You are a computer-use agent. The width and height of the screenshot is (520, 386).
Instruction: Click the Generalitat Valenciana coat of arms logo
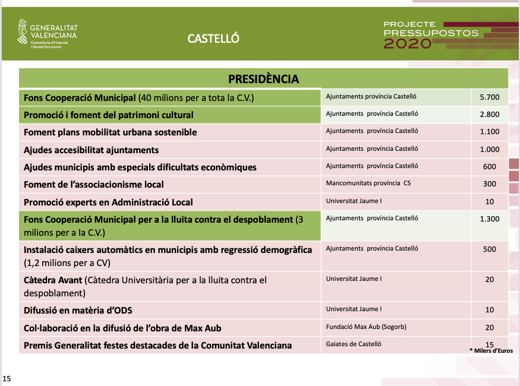click(22, 33)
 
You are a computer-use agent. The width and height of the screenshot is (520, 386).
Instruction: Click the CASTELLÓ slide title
click(213, 39)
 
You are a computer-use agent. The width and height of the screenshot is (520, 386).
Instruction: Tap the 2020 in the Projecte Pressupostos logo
click(408, 43)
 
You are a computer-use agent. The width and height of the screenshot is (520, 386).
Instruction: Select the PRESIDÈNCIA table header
click(263, 79)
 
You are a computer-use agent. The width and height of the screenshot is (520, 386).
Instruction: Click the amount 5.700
click(489, 97)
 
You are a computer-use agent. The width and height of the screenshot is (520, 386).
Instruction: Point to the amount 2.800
click(489, 115)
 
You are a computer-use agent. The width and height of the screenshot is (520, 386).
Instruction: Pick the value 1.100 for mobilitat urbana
click(489, 132)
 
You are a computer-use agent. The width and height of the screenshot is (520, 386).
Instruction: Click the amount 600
click(489, 167)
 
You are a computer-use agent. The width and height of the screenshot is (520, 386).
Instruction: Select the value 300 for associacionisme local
click(489, 184)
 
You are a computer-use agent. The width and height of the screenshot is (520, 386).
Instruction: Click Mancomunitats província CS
click(368, 183)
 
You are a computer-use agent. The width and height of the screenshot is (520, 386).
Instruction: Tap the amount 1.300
click(489, 219)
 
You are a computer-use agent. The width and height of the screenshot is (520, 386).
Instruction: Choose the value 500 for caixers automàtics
click(489, 249)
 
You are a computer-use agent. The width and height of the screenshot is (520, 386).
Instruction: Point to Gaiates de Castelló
click(354, 344)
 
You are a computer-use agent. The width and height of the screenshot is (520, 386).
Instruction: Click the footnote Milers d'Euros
click(492, 351)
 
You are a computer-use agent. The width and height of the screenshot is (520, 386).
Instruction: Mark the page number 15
click(7, 378)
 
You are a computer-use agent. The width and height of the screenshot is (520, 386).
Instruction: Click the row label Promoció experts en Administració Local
click(108, 202)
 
